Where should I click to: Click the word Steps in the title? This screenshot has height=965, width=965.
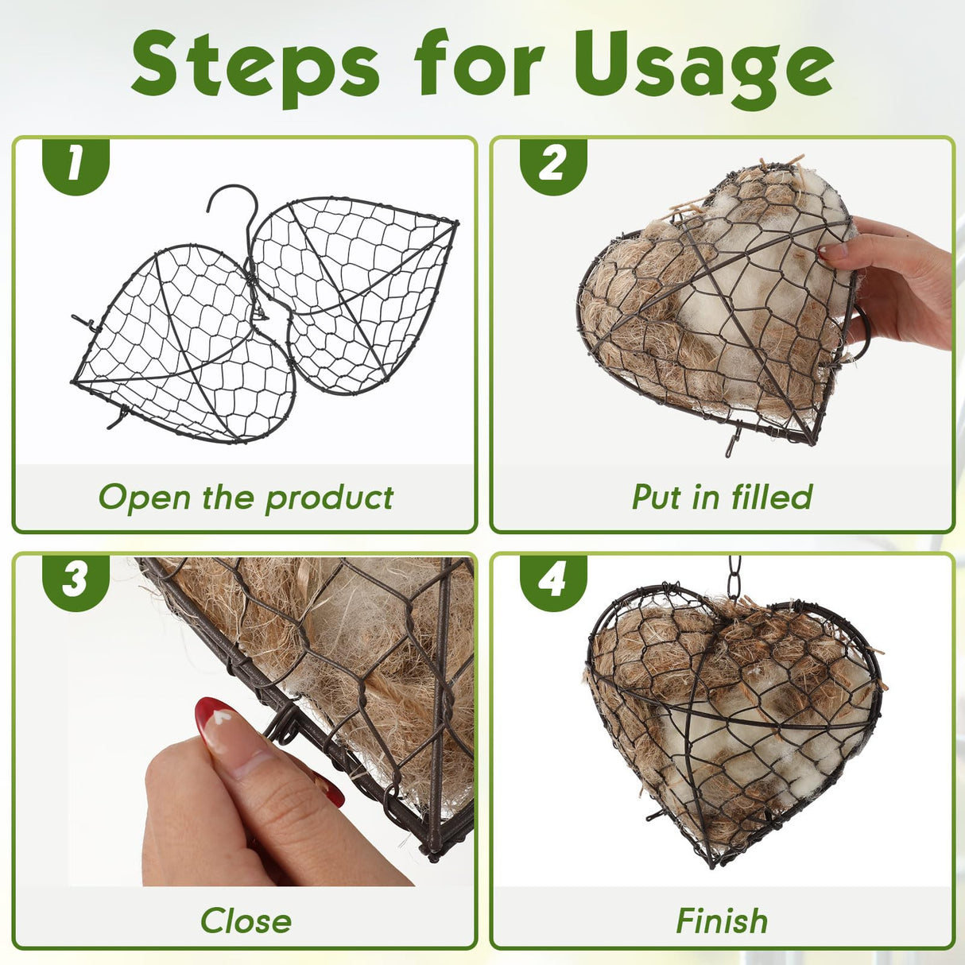pos(254,69)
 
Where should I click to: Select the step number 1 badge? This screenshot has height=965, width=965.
pos(76,166)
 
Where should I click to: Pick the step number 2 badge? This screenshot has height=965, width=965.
pos(553,166)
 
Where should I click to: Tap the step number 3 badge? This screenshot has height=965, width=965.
pos(76,583)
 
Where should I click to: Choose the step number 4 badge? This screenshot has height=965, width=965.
pos(553,583)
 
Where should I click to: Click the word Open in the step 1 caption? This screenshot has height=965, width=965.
pos(145,498)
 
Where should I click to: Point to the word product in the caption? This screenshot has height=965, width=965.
pos(329,498)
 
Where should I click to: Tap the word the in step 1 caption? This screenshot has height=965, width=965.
pos(228,498)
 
